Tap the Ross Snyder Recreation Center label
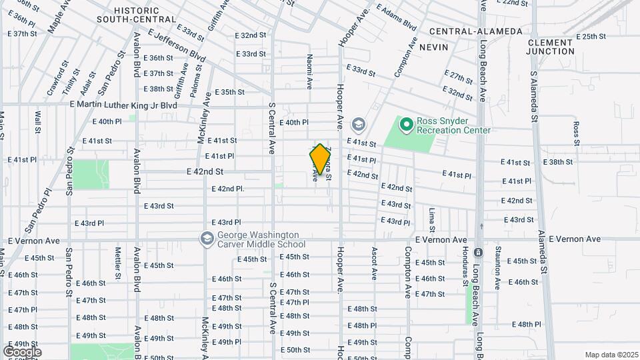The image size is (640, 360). [453, 126]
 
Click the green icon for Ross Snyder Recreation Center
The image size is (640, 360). [405, 124]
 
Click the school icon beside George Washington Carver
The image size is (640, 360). [207, 239]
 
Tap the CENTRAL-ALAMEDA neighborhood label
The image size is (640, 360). [466, 31]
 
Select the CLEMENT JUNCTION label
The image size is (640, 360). [550, 47]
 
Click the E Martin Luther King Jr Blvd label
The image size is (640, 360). [124, 105]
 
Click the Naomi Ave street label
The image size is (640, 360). [309, 72]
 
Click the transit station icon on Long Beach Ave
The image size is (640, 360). [478, 253]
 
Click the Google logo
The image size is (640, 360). [22, 351]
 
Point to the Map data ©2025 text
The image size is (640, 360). [612, 355]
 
